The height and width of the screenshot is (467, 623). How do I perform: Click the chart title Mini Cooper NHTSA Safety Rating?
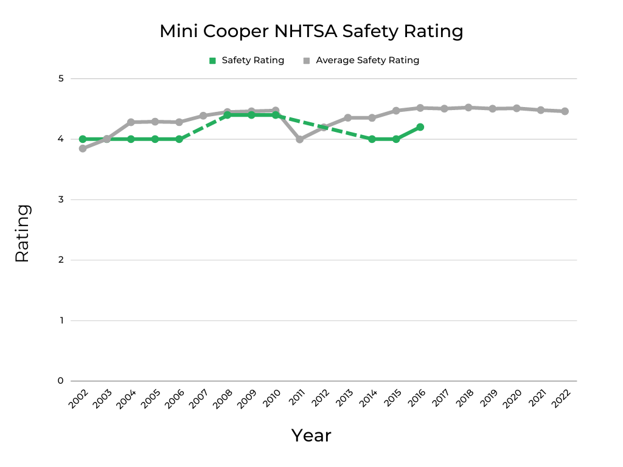pyautogui.click(x=311, y=32)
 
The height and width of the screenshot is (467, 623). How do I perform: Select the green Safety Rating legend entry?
pyautogui.click(x=246, y=60)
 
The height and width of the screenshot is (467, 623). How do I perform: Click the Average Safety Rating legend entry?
pyautogui.click(x=361, y=60)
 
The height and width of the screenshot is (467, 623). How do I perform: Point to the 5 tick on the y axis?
pyautogui.click(x=60, y=78)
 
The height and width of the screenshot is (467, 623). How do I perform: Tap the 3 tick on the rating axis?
pyautogui.click(x=60, y=199)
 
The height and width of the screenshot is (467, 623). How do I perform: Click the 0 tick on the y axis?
pyautogui.click(x=60, y=381)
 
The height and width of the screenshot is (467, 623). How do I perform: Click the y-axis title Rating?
pyautogui.click(x=22, y=233)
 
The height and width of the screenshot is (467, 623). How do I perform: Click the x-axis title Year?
pyautogui.click(x=311, y=435)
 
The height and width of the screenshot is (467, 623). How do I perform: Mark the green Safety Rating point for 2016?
pyautogui.click(x=420, y=127)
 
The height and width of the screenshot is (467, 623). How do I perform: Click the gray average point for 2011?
pyautogui.click(x=299, y=139)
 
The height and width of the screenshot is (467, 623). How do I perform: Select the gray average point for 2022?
pyautogui.click(x=565, y=111)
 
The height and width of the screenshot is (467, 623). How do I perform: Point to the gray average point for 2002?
pyautogui.click(x=83, y=148)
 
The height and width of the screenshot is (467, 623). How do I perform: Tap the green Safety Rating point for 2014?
pyautogui.click(x=372, y=139)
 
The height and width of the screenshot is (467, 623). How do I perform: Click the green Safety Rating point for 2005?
pyautogui.click(x=155, y=139)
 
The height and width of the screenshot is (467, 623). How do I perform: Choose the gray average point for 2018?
pyautogui.click(x=468, y=108)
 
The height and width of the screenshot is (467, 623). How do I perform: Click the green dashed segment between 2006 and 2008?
pyautogui.click(x=203, y=127)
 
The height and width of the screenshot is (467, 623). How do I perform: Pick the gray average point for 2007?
pyautogui.click(x=203, y=116)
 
